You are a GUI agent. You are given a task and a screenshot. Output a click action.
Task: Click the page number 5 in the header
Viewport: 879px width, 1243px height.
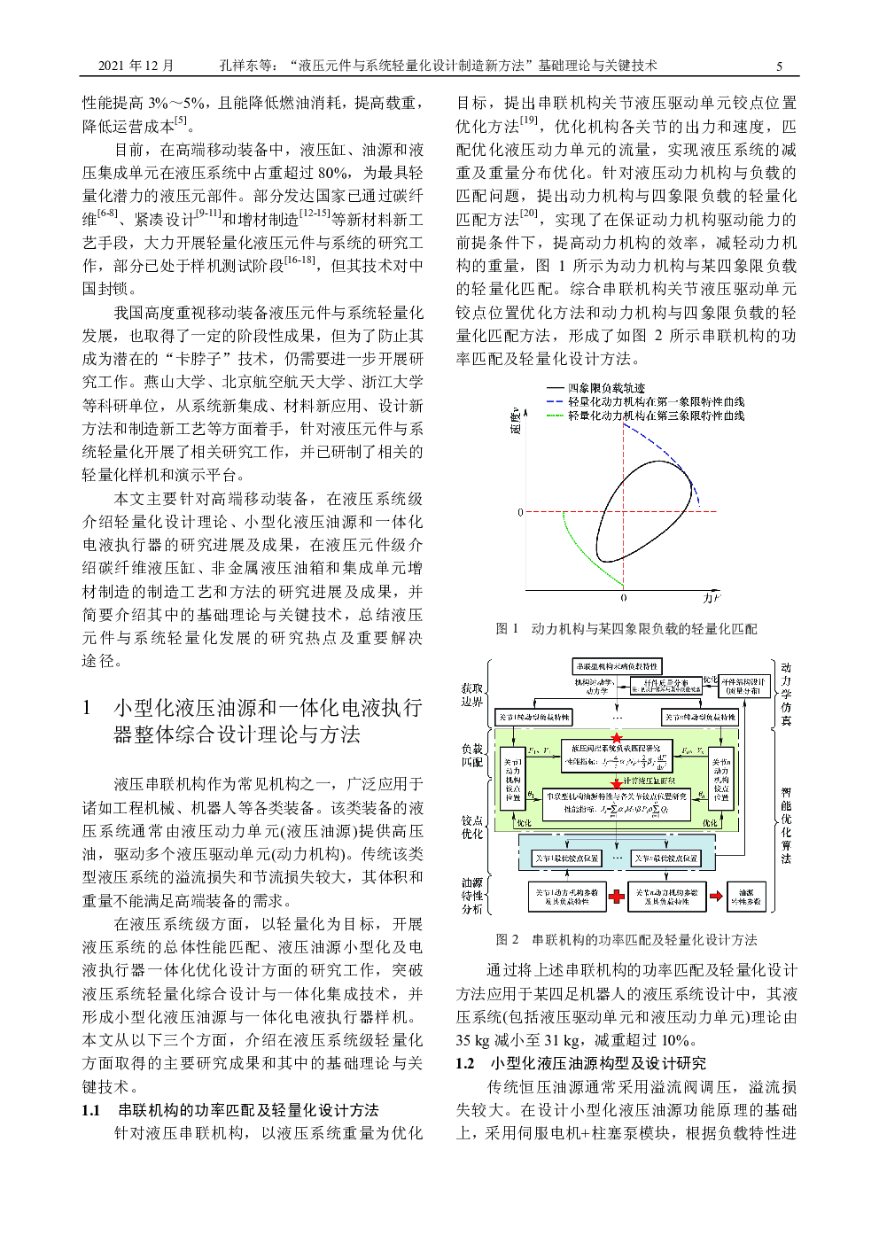[x=779, y=66]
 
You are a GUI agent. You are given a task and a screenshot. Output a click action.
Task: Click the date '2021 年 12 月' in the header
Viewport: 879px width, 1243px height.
[x=136, y=66]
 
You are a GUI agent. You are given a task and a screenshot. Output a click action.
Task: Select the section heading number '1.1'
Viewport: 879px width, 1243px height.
[x=90, y=1110]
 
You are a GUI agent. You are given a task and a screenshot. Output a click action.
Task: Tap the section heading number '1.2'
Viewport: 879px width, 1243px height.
[x=465, y=1063]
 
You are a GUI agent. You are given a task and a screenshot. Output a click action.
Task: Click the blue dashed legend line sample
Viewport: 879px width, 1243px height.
[x=555, y=401]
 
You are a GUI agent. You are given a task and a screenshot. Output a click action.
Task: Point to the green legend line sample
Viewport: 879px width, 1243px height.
[x=555, y=415]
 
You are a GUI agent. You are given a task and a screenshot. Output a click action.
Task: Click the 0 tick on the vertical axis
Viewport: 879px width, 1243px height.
[x=520, y=512]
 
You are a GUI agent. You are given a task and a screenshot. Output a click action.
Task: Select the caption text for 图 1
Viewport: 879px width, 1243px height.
[x=626, y=628]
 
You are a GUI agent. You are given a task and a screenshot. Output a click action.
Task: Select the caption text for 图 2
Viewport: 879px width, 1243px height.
[x=626, y=938]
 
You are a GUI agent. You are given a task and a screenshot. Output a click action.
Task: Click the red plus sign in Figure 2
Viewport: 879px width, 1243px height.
[x=617, y=896]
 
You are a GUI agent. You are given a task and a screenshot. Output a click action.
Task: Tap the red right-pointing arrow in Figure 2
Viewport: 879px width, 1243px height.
[x=715, y=896]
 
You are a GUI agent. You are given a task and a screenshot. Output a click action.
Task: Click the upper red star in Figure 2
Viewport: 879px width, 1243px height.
[x=617, y=737]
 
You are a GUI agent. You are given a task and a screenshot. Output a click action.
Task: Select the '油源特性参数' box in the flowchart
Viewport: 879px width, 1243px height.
[x=746, y=896]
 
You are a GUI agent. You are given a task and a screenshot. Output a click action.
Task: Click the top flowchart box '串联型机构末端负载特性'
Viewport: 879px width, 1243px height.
[x=617, y=665]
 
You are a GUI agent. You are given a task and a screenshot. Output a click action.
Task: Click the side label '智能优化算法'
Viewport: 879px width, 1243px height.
[x=786, y=825]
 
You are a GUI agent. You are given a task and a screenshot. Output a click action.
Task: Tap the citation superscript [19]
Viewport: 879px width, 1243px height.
[x=529, y=120]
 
